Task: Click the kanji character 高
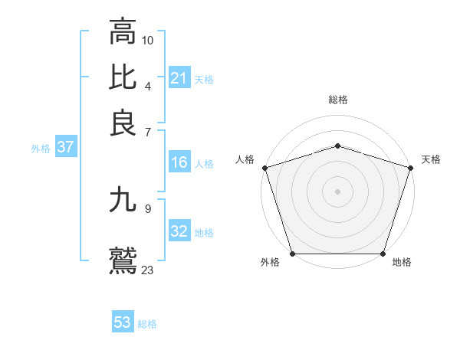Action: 123,32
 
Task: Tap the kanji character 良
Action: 123,123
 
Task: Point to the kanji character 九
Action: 123,201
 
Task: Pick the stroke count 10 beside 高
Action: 148,40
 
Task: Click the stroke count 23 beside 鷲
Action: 148,269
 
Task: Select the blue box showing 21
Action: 179,78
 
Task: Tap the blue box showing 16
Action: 179,162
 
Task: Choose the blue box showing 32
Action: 179,231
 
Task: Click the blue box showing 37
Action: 65,147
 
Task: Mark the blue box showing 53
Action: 123,322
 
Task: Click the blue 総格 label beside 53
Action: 147,324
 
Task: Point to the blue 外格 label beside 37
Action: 41,149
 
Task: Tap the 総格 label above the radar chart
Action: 337,100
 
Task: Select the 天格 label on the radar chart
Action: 431,159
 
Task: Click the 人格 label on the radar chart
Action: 245,159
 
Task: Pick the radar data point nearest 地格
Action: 383,254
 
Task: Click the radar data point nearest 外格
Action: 292,254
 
